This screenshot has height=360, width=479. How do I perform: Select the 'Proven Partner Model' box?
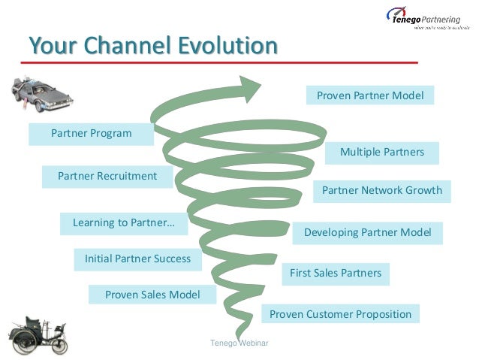370,95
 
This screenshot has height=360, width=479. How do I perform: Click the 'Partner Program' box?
91,134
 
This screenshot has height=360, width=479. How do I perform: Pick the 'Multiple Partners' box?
381,153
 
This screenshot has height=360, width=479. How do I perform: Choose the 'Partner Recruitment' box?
107,176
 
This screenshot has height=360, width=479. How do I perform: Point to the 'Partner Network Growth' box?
381,191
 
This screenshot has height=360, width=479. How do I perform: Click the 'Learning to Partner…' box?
124,223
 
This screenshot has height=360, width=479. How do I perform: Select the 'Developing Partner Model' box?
367,233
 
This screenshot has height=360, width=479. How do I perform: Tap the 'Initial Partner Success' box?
137,259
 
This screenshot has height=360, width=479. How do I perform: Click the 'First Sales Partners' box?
336,273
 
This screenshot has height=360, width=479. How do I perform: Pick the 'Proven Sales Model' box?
152,295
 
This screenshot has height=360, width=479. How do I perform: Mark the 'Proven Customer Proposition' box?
340,314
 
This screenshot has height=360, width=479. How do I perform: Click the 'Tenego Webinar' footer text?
239,343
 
